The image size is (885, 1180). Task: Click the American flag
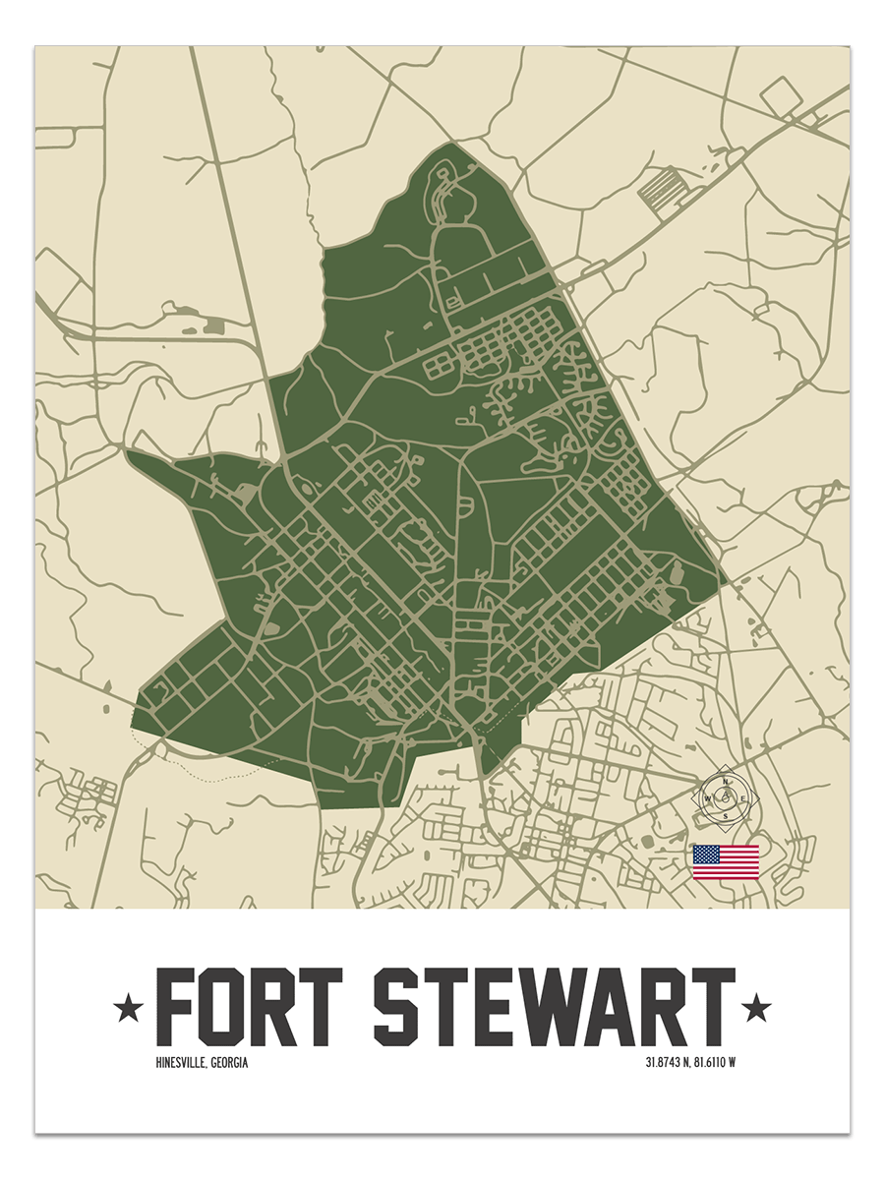tap(726, 861)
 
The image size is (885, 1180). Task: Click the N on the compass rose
tap(726, 783)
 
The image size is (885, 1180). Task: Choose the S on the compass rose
tap(726, 815)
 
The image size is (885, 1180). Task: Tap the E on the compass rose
tap(743, 798)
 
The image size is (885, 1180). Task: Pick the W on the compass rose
tap(708, 798)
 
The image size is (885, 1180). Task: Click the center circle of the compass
tap(726, 798)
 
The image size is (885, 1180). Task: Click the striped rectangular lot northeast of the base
tap(661, 187)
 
